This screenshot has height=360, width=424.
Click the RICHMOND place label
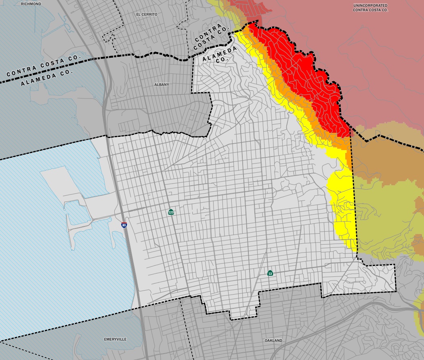click(x=31, y=4)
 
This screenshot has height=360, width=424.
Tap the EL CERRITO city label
click(x=147, y=14)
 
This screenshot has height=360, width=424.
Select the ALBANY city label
click(x=162, y=85)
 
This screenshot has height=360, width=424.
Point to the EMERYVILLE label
click(x=115, y=339)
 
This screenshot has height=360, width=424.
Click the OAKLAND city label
click(x=273, y=341)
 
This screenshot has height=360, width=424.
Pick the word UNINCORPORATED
click(x=370, y=5)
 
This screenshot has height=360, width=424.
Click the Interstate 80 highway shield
click(x=124, y=225)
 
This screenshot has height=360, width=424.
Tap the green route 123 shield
click(x=171, y=212)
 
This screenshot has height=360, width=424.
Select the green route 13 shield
click(x=270, y=273)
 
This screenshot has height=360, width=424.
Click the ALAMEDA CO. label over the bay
click(x=46, y=77)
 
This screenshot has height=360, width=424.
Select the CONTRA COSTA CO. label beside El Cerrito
click(x=210, y=35)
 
